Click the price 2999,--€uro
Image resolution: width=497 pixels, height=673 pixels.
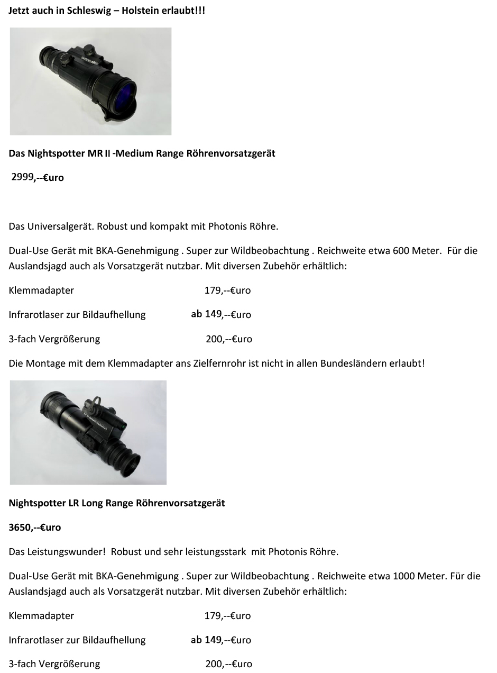(x=38, y=178)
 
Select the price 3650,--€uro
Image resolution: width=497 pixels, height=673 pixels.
(x=35, y=528)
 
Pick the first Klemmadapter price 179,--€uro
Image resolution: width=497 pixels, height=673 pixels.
(x=227, y=290)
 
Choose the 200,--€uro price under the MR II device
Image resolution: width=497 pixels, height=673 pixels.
(x=228, y=339)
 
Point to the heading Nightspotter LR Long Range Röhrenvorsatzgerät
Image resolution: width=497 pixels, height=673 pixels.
(x=117, y=503)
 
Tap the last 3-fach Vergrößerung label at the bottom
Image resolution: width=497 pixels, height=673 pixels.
(x=54, y=664)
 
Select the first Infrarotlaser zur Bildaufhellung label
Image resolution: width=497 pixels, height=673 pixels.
(x=77, y=315)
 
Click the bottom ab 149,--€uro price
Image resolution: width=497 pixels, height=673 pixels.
(x=221, y=640)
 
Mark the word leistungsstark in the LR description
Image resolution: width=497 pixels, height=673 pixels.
(x=216, y=552)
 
